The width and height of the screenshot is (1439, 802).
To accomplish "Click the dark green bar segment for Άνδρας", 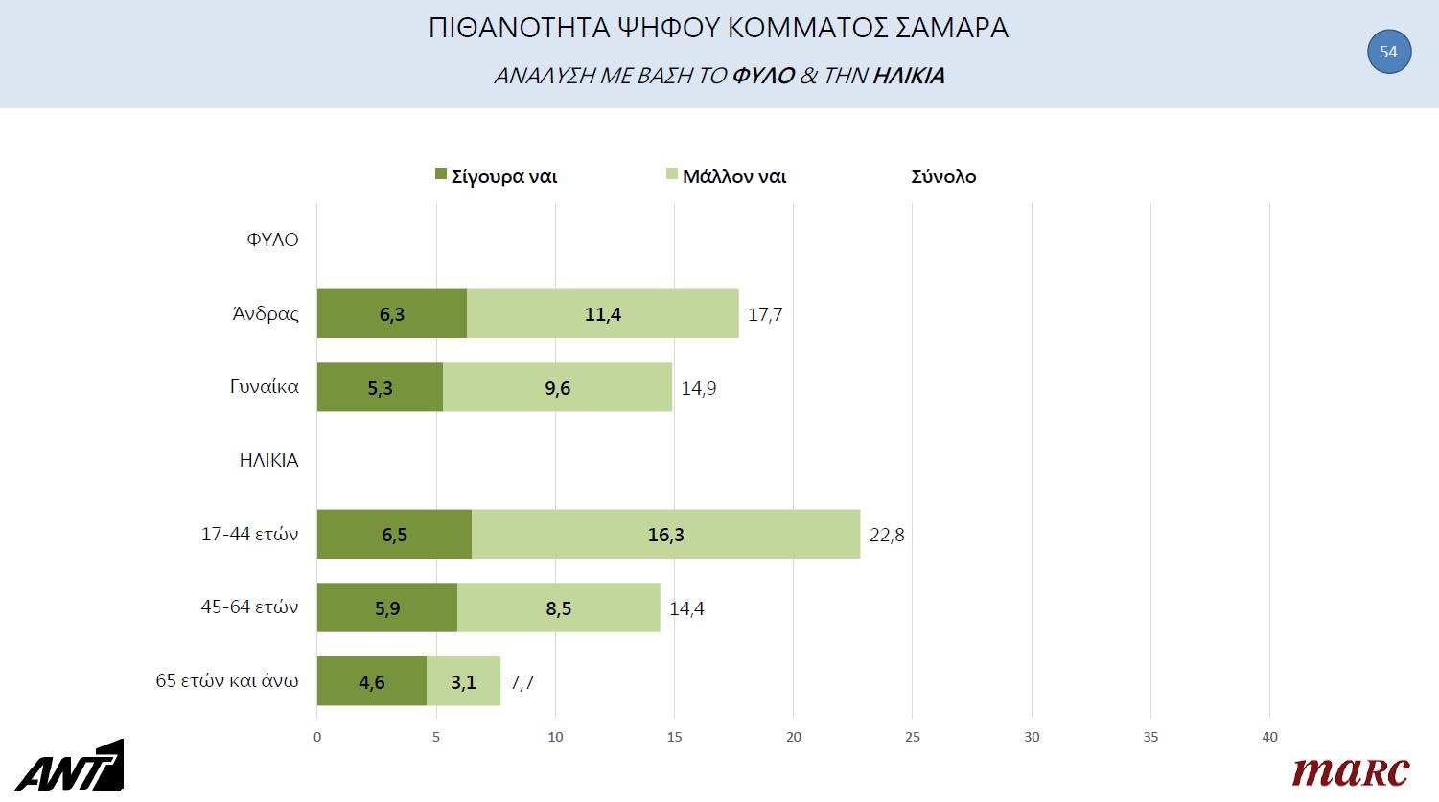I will [x=391, y=314].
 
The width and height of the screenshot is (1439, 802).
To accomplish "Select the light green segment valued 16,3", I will [x=665, y=535].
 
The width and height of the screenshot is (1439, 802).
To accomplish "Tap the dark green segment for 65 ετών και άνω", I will [x=371, y=682].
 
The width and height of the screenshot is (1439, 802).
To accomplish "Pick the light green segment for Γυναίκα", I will [x=557, y=388].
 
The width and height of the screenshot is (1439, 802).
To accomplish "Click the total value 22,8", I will [x=887, y=535].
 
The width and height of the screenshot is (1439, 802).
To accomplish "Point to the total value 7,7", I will [x=522, y=682].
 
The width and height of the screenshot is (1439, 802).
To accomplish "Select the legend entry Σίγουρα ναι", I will [x=496, y=176].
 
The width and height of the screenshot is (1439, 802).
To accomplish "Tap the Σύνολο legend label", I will [x=943, y=176].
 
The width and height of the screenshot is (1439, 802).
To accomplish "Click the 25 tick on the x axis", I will [x=913, y=737].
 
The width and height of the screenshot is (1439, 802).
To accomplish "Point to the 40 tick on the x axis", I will [x=1269, y=737].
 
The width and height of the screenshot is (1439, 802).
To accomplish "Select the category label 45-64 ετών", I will [x=249, y=607].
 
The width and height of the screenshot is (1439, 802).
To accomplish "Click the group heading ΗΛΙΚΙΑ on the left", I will [x=268, y=460].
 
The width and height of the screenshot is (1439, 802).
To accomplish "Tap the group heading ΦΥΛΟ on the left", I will [x=272, y=240].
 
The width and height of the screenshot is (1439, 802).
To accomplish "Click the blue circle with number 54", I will [x=1388, y=52].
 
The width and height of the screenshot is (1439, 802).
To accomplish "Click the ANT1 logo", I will [x=69, y=767].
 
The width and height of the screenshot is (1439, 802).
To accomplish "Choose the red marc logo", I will [x=1350, y=771].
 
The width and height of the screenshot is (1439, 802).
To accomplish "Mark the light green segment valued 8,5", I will [x=559, y=608].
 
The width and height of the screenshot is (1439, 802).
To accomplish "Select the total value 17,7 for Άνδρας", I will [x=765, y=314].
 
